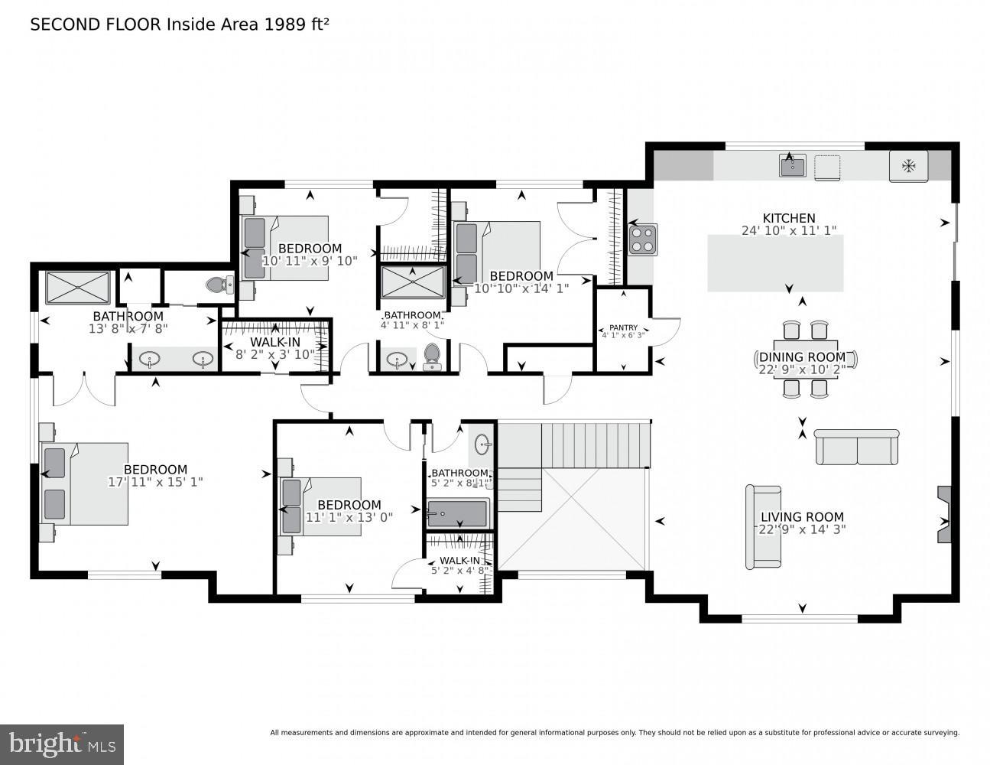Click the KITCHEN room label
point(789,218)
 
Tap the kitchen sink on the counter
point(792,165)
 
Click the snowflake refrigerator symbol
point(908,166)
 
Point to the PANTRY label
point(623,327)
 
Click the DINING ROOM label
point(802,357)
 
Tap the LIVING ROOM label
point(802,517)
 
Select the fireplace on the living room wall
point(945,514)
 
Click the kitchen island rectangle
point(775,263)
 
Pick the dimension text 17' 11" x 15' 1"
point(155,482)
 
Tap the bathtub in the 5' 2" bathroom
point(457,513)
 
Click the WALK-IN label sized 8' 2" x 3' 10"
point(275,343)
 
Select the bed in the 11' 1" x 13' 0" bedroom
point(321,506)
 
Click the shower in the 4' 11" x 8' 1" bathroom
point(413,282)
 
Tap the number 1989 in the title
point(284,24)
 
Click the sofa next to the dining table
point(856,448)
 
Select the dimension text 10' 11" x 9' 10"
point(310,261)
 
